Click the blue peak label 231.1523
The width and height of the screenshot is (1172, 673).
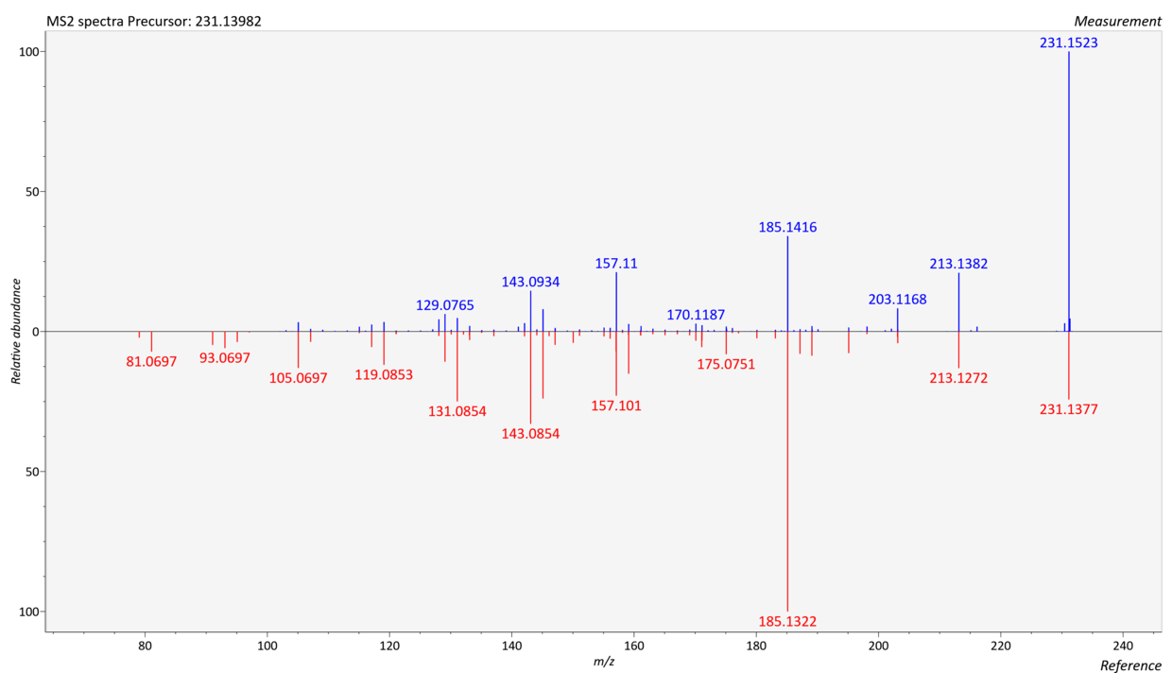click(x=1069, y=43)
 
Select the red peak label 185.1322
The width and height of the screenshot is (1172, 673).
click(x=787, y=621)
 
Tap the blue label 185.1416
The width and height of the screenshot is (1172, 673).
click(x=787, y=227)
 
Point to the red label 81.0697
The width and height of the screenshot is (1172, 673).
click(x=151, y=361)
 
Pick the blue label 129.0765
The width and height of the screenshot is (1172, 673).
click(x=445, y=305)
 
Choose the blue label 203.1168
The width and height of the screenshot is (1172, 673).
click(x=898, y=300)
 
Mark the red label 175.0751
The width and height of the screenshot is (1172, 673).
click(x=726, y=364)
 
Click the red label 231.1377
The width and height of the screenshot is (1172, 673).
click(x=1069, y=409)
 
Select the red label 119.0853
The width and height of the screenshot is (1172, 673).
click(x=384, y=374)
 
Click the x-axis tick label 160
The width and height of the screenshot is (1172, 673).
click(x=634, y=646)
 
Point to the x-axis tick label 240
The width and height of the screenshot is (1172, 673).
click(x=1123, y=646)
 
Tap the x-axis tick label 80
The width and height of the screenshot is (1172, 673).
click(x=145, y=646)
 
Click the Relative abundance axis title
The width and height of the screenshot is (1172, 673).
click(x=16, y=332)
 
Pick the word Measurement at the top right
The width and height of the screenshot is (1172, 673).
click(x=1117, y=21)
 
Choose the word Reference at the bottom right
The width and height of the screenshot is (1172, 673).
click(x=1130, y=665)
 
